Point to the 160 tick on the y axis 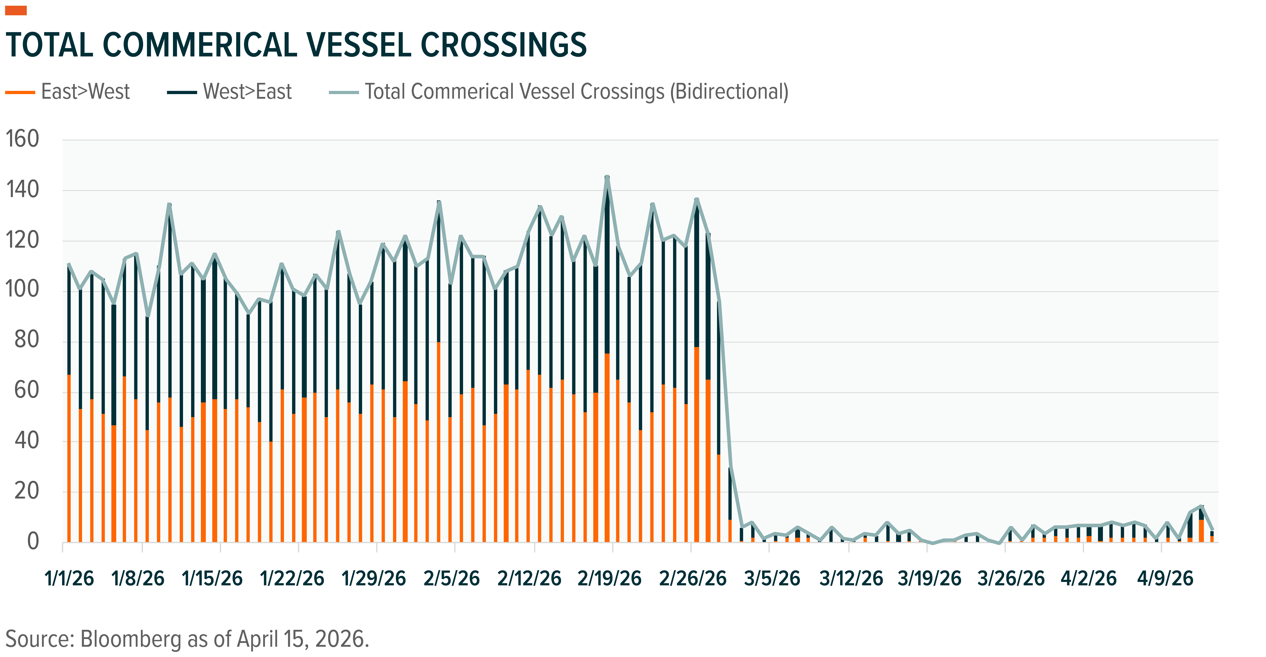click(22, 139)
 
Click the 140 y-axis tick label click(22, 190)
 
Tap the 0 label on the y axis click(33, 541)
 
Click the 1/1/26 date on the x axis click(69, 578)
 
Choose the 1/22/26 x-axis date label click(292, 578)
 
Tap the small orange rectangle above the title click(16, 10)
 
